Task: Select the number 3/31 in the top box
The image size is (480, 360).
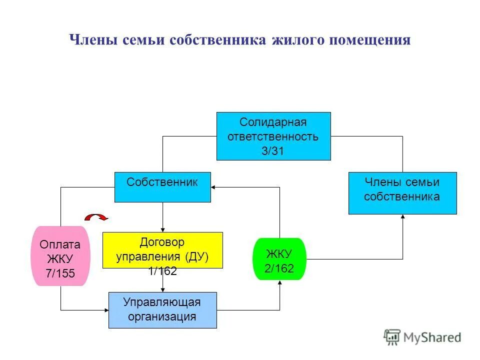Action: (272, 151)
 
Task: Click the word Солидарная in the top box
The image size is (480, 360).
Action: (272, 122)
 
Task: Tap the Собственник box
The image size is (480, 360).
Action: (162, 187)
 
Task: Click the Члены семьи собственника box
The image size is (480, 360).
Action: (402, 193)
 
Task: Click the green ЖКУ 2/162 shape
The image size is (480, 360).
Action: (279, 258)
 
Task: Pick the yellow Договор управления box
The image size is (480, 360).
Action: (162, 249)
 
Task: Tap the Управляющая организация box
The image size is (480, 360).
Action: (162, 310)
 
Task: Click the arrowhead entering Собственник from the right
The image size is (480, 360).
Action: (214, 187)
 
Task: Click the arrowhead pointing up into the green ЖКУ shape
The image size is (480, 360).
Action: (279, 283)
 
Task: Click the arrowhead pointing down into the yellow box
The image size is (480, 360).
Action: (162, 229)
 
